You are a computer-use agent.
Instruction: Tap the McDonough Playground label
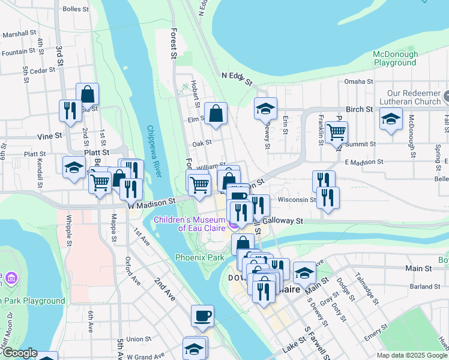[395, 58]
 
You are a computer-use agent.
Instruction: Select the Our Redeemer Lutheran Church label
[414, 97]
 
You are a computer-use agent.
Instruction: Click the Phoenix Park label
[199, 257]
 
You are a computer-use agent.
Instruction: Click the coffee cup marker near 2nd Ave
[202, 316]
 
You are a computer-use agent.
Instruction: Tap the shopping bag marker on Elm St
[215, 113]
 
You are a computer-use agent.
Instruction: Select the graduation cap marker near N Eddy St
[265, 109]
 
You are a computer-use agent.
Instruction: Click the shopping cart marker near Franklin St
[337, 131]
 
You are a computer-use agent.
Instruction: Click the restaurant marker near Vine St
[70, 110]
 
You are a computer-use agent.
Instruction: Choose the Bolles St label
[76, 9]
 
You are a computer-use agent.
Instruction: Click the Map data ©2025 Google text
[412, 355]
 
